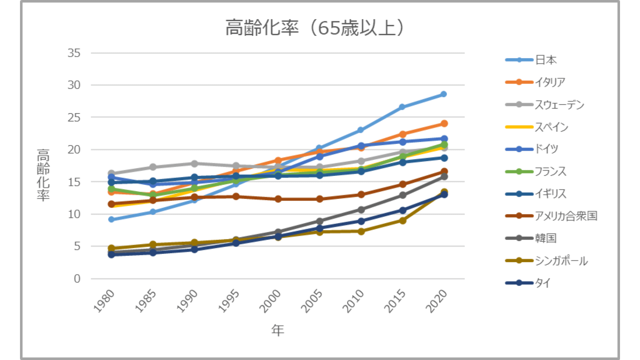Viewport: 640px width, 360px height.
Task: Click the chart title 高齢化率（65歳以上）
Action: pyautogui.click(x=315, y=28)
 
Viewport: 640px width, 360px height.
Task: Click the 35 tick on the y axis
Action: pyautogui.click(x=74, y=53)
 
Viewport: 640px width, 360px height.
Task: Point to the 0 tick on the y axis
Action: pyautogui.click(x=77, y=279)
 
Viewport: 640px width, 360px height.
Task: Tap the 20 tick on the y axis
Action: pyautogui.click(x=74, y=150)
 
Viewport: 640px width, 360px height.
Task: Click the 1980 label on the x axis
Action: pyautogui.click(x=104, y=301)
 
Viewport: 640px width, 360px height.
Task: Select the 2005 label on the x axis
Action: pyautogui.click(x=312, y=301)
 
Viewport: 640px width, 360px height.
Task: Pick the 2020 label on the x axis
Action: pyautogui.click(x=436, y=301)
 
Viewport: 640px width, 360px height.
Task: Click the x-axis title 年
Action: pyautogui.click(x=278, y=330)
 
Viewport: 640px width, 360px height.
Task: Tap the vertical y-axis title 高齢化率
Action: pyautogui.click(x=43, y=175)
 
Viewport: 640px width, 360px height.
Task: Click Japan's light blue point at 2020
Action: pyautogui.click(x=444, y=94)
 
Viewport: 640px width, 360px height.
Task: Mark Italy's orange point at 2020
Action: pyautogui.click(x=444, y=124)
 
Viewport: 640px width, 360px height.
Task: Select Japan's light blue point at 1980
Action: pyautogui.click(x=111, y=219)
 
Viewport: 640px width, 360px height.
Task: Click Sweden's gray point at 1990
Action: pyautogui.click(x=194, y=164)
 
